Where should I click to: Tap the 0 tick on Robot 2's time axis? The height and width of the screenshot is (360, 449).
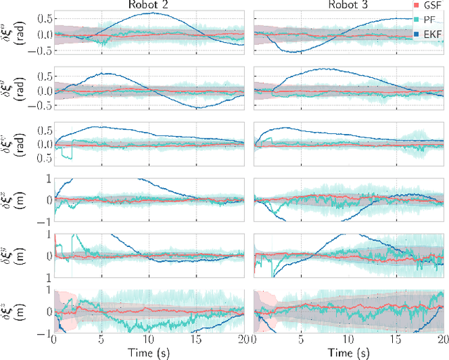click(54, 339)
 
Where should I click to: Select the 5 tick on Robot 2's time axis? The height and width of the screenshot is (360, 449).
click(102, 339)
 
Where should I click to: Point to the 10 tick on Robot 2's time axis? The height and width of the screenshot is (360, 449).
click(149, 339)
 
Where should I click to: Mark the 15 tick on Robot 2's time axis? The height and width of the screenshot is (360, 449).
click(197, 339)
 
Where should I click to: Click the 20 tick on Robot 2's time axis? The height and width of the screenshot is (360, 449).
click(242, 339)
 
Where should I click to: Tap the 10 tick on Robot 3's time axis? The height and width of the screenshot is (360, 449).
click(348, 339)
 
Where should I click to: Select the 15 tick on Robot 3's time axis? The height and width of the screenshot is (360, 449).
click(396, 339)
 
